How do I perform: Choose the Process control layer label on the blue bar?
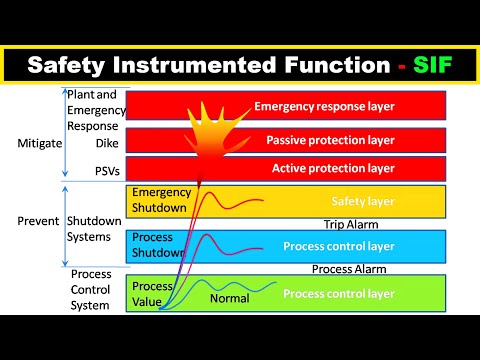pos(339,246)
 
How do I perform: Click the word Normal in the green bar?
pos(229,298)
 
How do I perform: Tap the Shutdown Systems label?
pos(96,228)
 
